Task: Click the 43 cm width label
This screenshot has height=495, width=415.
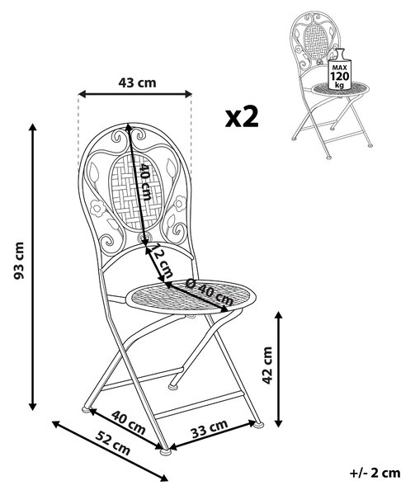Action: point(137,82)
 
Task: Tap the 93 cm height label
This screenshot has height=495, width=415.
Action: point(19,261)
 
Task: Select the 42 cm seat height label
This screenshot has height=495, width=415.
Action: point(267,365)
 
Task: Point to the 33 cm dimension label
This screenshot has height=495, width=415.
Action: point(210,429)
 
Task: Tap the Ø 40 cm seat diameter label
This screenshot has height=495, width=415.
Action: point(210,292)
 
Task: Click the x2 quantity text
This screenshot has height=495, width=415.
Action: point(242,117)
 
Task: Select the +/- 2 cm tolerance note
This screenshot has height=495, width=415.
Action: point(375,473)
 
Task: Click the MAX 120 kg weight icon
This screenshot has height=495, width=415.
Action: point(339,69)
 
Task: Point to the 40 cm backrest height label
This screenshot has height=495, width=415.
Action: point(145,181)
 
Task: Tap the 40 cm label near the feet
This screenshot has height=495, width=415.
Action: point(129,422)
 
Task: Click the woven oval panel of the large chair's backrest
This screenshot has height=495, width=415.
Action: point(136,192)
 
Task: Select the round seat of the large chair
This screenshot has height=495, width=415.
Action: point(191,297)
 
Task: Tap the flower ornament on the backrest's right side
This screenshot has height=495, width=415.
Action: point(180,204)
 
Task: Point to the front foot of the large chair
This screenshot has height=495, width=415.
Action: point(165,451)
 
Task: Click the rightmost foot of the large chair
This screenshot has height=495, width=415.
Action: point(258,424)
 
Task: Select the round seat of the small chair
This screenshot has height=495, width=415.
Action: point(340,89)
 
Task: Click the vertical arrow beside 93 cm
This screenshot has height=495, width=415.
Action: point(32,267)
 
